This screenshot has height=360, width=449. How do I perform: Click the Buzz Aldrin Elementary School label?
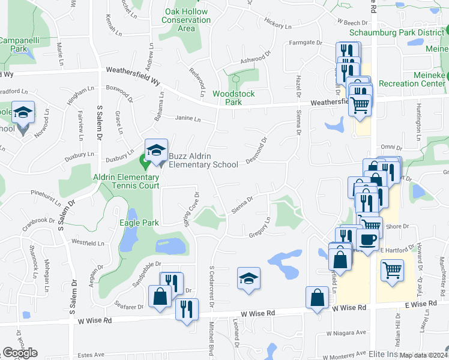click(x=203, y=160)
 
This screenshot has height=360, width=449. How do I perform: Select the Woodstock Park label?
click(x=234, y=98)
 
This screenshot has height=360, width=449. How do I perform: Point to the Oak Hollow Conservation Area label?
click(x=186, y=20)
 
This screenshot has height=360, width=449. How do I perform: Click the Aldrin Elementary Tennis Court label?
click(x=126, y=181)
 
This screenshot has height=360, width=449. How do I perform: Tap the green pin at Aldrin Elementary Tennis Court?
click(x=145, y=161)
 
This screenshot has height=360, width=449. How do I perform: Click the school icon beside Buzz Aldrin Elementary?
click(x=156, y=152)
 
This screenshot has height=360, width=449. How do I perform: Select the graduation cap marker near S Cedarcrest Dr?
click(x=249, y=278)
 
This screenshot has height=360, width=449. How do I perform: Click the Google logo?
click(x=20, y=353)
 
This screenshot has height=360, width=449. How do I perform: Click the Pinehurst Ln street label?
click(x=46, y=195)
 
